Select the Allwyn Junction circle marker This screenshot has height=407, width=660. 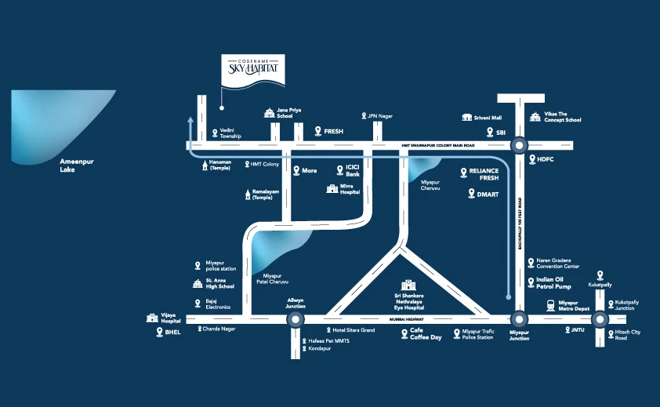[295, 319]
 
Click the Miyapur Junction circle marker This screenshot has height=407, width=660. [519, 319]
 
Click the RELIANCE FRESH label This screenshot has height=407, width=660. [484, 174]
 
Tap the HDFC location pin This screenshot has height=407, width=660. [530, 159]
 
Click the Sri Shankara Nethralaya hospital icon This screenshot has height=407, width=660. [407, 285]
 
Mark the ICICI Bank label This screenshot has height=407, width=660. [353, 171]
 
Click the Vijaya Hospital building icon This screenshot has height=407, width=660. [152, 317]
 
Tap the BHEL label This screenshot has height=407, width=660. [172, 333]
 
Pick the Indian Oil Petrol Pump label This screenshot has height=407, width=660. [553, 282]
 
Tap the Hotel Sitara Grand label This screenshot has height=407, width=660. [354, 330]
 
